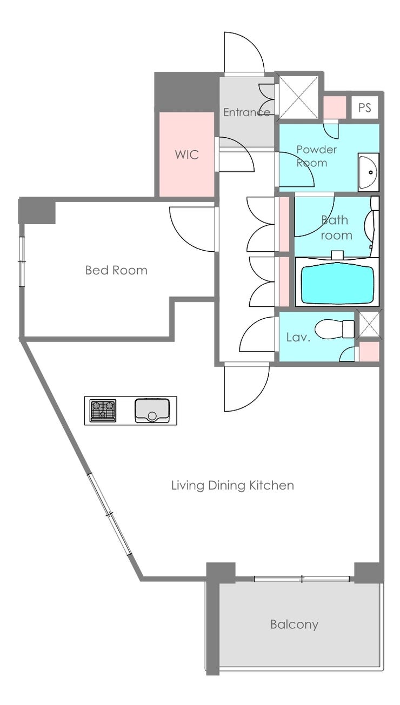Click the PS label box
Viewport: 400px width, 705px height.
tap(365, 108)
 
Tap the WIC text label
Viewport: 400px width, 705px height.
tap(187, 155)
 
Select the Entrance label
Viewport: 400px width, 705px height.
tap(246, 112)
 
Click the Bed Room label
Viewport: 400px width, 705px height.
tap(116, 270)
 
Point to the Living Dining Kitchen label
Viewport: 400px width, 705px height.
tap(232, 485)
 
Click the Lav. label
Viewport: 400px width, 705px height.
tap(298, 338)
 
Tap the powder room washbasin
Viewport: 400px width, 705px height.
tap(368, 172)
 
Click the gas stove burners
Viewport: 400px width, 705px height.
tap(103, 411)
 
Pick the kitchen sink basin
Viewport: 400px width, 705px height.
tap(152, 411)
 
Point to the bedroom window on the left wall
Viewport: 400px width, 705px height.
tap(22, 261)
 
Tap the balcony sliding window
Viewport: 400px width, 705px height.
tap(302, 579)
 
